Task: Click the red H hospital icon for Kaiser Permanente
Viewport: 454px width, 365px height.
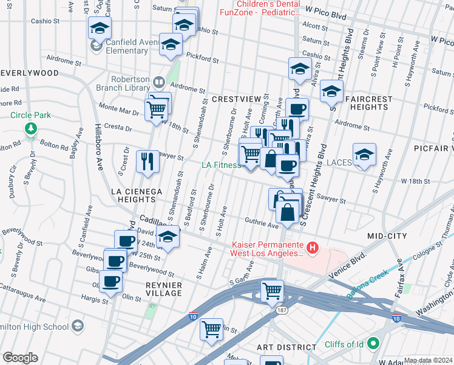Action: (312, 247)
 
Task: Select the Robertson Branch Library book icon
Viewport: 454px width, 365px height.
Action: (158, 82)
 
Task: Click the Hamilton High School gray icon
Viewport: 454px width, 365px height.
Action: (77, 327)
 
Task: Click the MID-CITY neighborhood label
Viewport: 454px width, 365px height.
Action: (387, 235)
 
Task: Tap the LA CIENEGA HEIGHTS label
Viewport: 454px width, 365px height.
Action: (137, 195)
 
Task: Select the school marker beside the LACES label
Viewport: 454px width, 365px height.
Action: (364, 155)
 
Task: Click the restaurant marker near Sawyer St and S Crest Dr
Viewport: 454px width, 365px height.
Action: (147, 162)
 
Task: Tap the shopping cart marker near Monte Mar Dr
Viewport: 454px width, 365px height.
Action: (157, 110)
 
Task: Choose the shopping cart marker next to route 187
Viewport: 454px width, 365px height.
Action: (272, 290)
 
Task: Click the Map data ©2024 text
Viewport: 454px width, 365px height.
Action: (428, 360)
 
